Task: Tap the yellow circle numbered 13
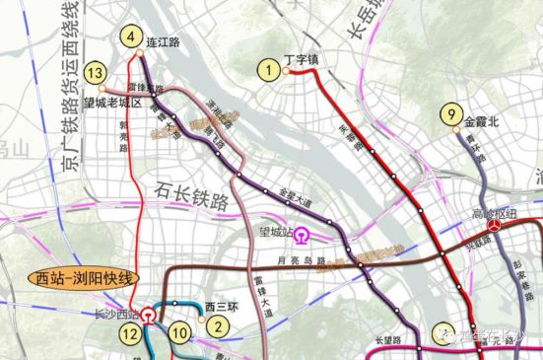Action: (x=96, y=73)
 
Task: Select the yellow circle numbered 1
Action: (x=266, y=69)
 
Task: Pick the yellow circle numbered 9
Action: (x=450, y=113)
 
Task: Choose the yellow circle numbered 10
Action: (x=177, y=334)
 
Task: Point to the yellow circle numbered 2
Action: (x=221, y=320)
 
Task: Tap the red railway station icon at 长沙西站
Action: (x=148, y=316)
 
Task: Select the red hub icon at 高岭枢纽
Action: (x=503, y=226)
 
